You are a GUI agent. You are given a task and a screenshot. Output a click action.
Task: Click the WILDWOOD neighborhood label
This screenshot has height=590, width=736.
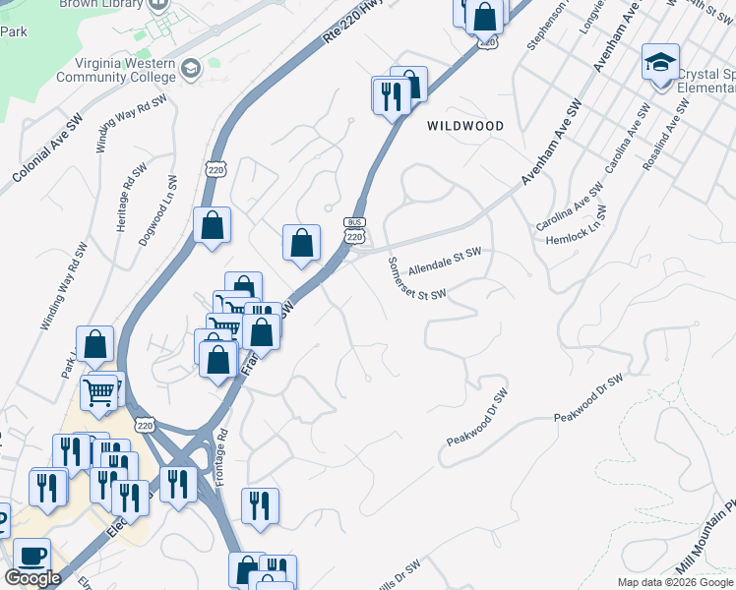coord(465,126)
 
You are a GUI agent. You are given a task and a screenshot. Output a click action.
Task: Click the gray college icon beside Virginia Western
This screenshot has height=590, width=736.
coord(191,68)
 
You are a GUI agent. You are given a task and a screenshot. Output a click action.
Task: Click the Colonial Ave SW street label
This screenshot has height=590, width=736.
coord(47,148)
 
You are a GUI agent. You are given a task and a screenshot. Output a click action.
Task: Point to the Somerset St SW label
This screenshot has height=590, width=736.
coord(416,279)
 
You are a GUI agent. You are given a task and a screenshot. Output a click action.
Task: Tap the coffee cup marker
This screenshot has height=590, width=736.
coord(31,557)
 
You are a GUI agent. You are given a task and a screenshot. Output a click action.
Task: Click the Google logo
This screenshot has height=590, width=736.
coord(32,578)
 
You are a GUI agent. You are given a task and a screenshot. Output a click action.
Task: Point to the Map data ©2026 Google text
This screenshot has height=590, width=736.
coord(674,582)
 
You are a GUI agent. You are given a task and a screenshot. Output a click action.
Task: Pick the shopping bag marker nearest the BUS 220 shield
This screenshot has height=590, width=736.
coord(302,243)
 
